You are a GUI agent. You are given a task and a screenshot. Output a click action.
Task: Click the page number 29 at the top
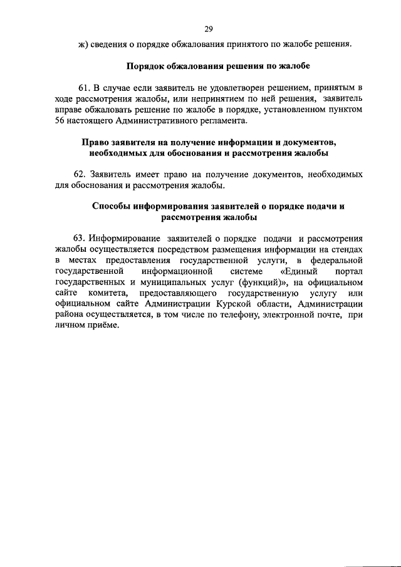pos(209,28)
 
